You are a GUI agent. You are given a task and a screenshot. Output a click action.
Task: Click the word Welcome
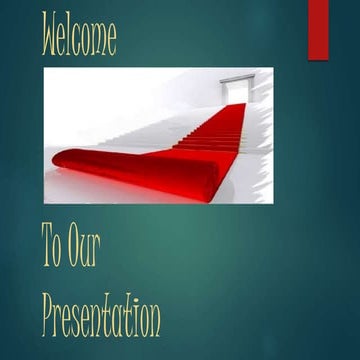coord(79,35)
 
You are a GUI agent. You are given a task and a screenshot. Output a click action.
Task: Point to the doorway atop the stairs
coord(233,88)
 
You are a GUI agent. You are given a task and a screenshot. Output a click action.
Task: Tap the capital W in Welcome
coord(50,35)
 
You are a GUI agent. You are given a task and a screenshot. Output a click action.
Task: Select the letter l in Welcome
coord(70,35)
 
